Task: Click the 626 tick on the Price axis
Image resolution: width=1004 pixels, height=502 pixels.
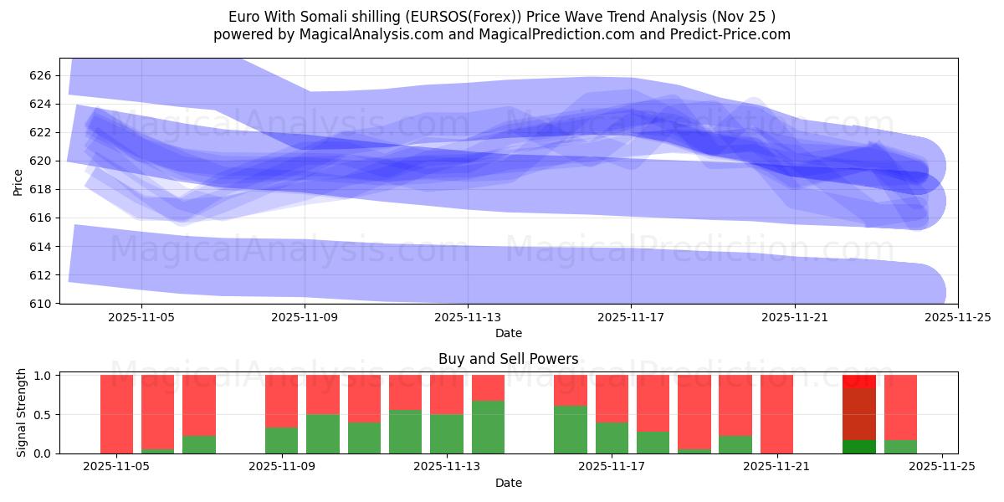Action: coord(40,75)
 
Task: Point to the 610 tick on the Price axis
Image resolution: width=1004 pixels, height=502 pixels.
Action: coord(40,303)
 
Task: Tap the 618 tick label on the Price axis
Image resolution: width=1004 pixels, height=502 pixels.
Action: coord(40,189)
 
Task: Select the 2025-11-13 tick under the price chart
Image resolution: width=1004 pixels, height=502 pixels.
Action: coord(468,317)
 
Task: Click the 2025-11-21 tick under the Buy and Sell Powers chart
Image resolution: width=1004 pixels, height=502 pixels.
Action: coord(778,467)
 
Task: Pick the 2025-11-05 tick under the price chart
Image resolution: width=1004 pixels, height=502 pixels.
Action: coord(141,317)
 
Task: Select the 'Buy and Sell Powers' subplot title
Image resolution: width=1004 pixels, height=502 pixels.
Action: coord(508,359)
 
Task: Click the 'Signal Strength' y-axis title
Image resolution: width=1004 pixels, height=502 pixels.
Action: coord(22,412)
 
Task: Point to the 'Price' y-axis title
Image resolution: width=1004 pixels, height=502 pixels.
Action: coord(18,181)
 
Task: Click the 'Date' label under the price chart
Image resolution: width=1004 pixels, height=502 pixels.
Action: coord(508,333)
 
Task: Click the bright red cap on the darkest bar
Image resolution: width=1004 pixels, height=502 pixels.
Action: coord(858,381)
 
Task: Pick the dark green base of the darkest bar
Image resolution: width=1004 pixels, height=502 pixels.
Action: coord(858,446)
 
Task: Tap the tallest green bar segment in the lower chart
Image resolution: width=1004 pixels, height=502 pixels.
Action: coord(488,427)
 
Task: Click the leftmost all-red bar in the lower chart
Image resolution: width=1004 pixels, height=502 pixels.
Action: coord(116,414)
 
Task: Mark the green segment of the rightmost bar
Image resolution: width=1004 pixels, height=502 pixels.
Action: coord(900,446)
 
